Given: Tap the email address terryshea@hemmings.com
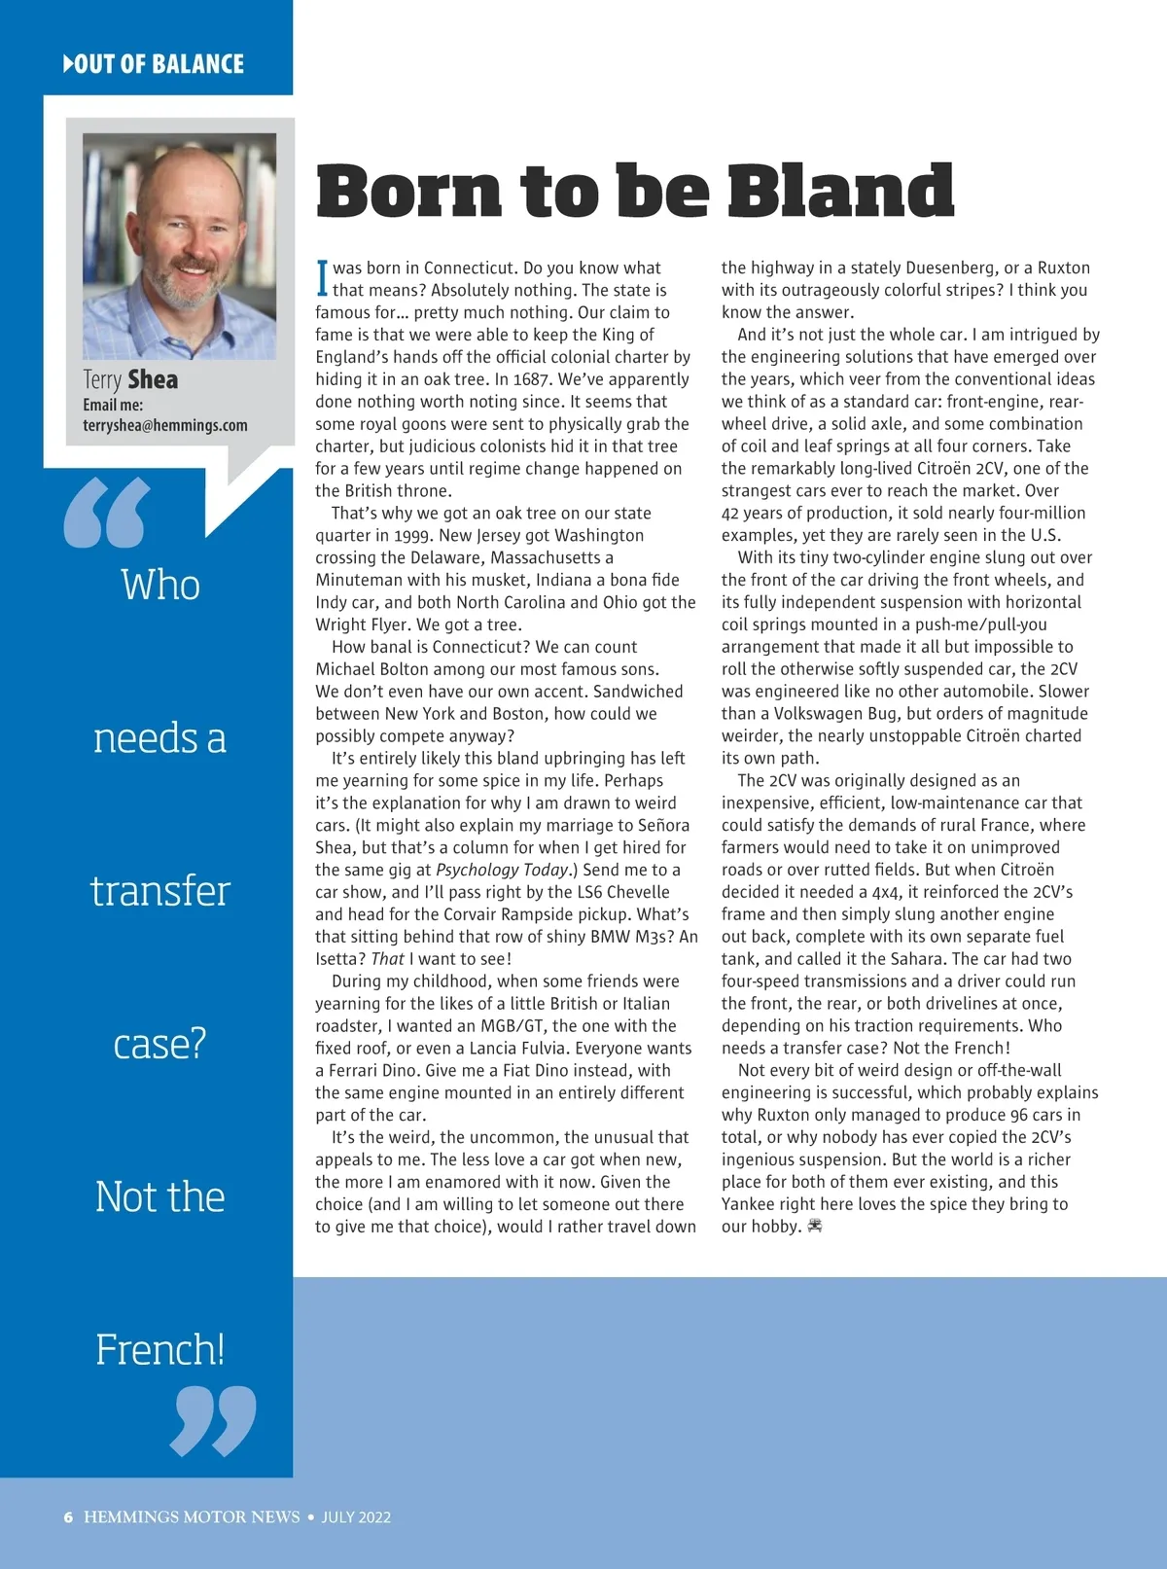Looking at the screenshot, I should tap(165, 426).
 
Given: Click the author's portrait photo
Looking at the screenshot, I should tap(179, 246).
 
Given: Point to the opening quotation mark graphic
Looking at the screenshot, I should tap(107, 512).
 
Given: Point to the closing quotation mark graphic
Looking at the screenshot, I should tap(213, 1421).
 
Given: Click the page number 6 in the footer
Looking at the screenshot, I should tap(68, 1517).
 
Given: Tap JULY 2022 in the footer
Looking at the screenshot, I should tap(356, 1517).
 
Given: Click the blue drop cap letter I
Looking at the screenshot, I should tap(323, 277).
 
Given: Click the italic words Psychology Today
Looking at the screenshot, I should tap(502, 870).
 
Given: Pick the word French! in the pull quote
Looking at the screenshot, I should tap(160, 1349).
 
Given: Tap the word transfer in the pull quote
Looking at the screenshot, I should tap(160, 891).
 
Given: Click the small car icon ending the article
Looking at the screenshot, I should tap(815, 1227).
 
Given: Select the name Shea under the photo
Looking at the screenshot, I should tap(153, 379).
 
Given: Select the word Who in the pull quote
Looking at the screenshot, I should tap(160, 586).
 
